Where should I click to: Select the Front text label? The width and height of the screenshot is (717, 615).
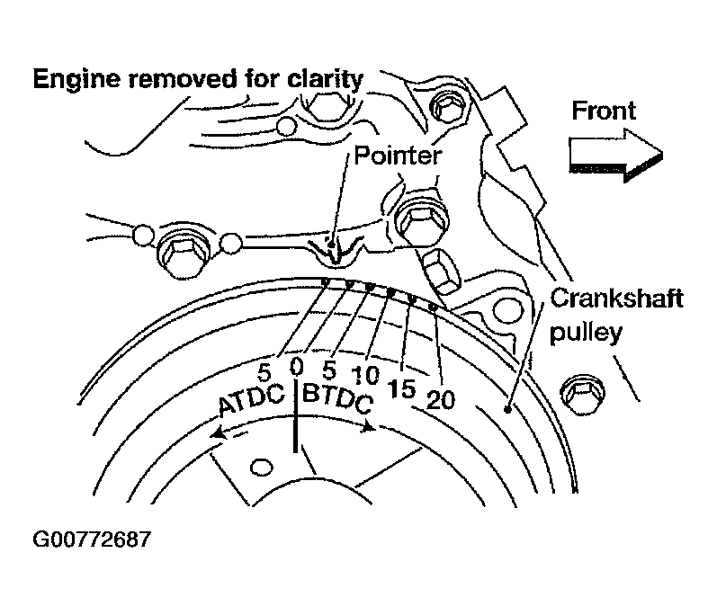(604, 111)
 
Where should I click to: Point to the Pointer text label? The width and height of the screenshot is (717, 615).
(397, 156)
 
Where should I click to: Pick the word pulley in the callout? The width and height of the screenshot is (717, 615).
(587, 333)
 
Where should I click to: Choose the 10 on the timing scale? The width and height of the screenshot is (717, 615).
(366, 373)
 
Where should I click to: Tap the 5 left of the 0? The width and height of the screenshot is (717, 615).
(264, 370)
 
